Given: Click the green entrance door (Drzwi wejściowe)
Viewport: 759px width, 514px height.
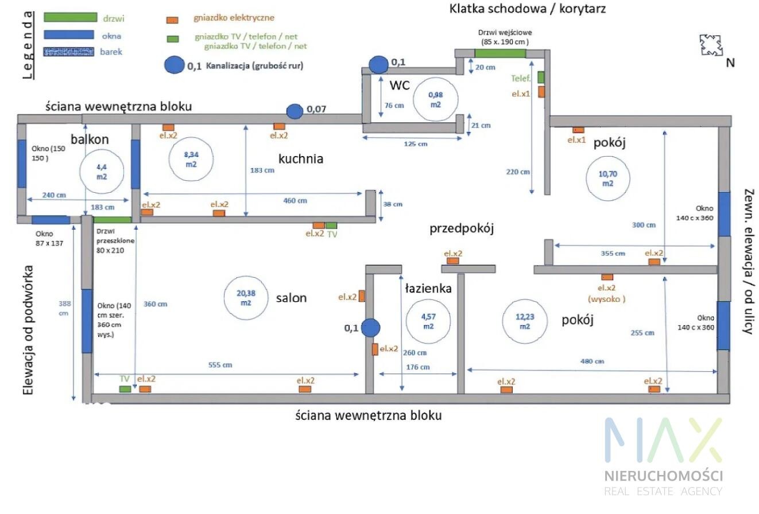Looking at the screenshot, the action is (x=500, y=53).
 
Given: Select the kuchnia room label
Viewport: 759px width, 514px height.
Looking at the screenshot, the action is (x=301, y=159).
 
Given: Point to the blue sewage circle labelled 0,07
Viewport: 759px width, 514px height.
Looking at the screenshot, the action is (x=295, y=111).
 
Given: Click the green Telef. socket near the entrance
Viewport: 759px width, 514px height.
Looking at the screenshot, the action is (x=541, y=77).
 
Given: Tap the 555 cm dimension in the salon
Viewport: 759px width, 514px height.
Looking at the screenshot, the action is (x=220, y=365).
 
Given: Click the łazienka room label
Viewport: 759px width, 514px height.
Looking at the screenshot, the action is (x=428, y=288).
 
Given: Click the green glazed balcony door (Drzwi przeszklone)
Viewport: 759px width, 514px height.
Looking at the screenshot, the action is (x=112, y=220).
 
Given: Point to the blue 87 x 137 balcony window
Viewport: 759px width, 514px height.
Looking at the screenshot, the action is (x=51, y=220).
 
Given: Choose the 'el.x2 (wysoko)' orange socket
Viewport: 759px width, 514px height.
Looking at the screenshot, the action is (x=607, y=277).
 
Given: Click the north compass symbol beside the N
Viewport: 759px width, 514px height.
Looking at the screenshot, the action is (x=711, y=45).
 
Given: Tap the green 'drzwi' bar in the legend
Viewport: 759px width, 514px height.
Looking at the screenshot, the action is (x=71, y=17).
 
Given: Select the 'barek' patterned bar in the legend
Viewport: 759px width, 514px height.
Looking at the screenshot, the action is (x=69, y=52).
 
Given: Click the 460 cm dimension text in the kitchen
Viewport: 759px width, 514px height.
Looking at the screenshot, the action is (x=295, y=200).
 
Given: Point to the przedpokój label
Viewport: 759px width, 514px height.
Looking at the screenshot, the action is (x=462, y=228).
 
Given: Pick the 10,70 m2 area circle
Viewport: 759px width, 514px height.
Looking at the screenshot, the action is (x=608, y=178).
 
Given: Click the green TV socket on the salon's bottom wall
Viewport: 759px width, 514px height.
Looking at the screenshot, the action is (x=125, y=389).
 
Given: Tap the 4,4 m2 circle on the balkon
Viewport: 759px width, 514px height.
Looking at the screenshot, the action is (x=102, y=172).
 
